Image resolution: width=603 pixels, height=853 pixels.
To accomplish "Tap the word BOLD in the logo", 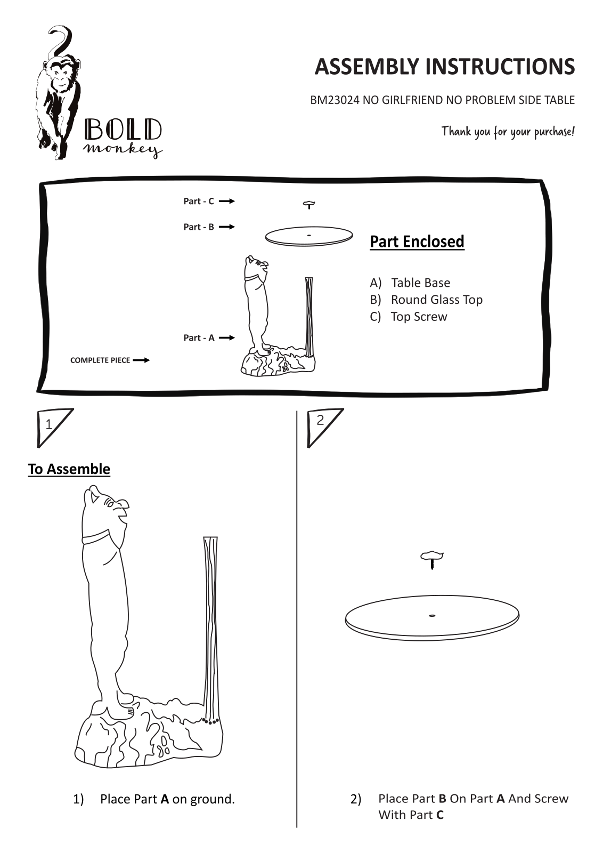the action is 123,130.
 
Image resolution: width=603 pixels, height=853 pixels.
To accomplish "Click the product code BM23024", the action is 335,100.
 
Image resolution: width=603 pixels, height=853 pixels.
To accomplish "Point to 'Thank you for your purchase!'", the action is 508,132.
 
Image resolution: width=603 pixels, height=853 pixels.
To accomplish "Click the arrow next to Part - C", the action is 227,201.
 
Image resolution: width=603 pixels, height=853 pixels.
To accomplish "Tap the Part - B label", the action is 199,227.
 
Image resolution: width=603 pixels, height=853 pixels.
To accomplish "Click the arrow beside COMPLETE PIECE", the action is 141,360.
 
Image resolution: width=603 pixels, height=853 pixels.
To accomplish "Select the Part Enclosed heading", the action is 417,242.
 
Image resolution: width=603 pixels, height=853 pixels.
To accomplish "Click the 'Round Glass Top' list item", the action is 437,300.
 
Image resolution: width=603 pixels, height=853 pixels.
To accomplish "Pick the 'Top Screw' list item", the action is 419,317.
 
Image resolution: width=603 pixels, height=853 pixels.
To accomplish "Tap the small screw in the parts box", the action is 309,205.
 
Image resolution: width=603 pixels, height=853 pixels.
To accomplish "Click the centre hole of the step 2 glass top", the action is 432,616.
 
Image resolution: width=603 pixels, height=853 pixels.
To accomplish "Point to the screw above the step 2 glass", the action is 432,559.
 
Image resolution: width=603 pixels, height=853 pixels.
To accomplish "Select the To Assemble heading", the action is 69,469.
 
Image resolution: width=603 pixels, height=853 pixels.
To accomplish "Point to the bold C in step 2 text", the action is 440,815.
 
